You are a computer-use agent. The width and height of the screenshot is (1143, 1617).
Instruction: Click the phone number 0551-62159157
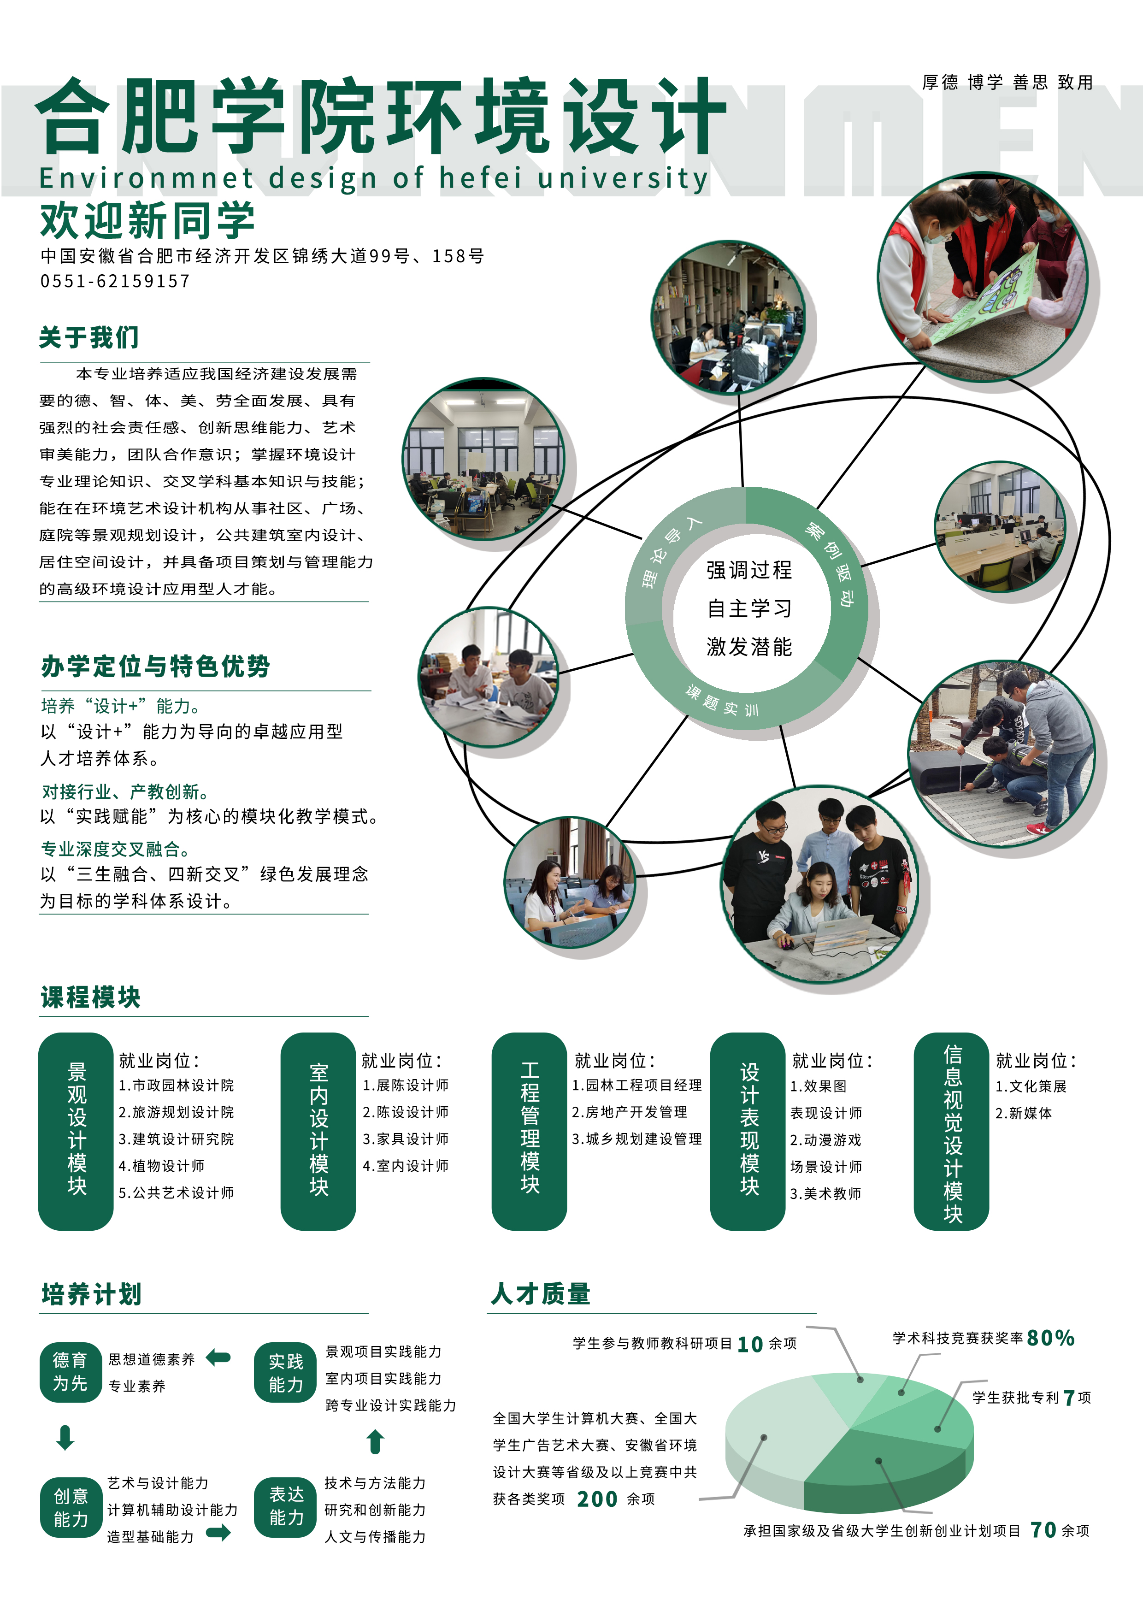pyautogui.click(x=115, y=281)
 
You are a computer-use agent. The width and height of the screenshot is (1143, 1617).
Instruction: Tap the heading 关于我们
pyautogui.click(x=89, y=337)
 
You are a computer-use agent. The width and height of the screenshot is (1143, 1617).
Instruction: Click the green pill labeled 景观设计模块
pyautogui.click(x=76, y=1131)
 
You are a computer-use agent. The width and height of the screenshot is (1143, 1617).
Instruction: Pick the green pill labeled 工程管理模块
pyautogui.click(x=529, y=1131)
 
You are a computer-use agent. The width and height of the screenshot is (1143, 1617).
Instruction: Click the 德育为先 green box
pyautogui.click(x=71, y=1371)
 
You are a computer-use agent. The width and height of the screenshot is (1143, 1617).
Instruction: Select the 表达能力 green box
pyautogui.click(x=285, y=1506)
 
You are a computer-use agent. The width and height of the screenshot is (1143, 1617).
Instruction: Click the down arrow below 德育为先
pyautogui.click(x=65, y=1437)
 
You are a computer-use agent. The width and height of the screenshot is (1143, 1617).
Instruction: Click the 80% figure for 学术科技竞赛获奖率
pyautogui.click(x=1050, y=1338)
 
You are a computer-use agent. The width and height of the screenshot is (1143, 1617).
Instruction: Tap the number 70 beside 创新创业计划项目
pyautogui.click(x=1043, y=1530)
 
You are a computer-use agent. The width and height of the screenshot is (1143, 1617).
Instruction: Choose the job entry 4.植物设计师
pyautogui.click(x=161, y=1166)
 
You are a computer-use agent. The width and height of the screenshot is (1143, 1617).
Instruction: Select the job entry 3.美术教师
pyautogui.click(x=825, y=1193)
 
